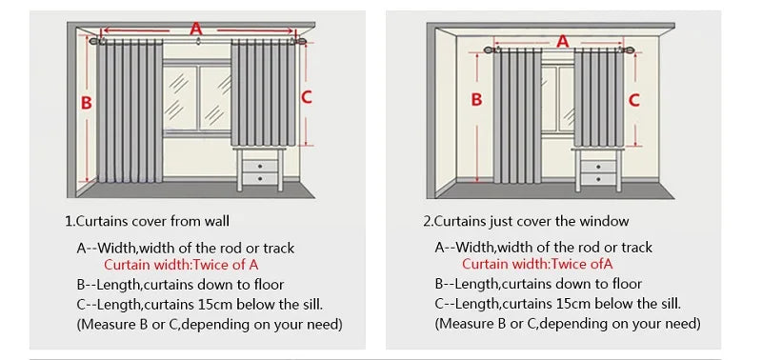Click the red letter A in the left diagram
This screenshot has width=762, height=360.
196,30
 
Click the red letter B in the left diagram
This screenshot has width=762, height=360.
86,103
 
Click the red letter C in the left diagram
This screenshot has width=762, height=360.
306,96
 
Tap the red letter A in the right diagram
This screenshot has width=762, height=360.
562,41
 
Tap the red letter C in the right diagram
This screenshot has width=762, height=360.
633,99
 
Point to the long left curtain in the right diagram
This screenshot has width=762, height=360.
515,114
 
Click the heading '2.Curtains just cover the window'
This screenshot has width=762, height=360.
526,221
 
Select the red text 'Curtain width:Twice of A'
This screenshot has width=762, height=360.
181,265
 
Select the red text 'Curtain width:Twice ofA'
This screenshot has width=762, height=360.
537,265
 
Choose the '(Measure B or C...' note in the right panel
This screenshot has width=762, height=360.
568,324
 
